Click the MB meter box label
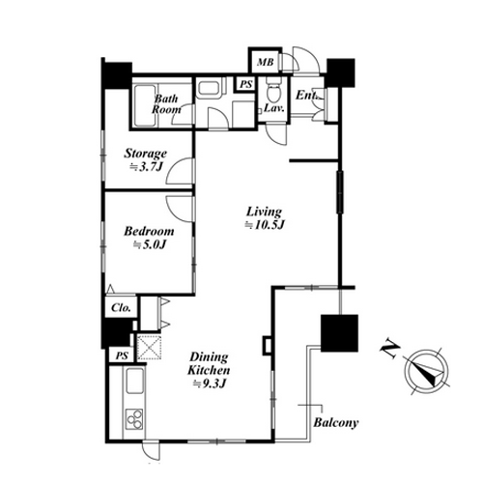[x=266, y=62]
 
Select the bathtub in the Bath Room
[x=145, y=105]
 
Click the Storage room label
[x=146, y=154]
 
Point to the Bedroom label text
[x=149, y=231]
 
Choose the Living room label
[x=264, y=212]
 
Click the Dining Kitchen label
[x=209, y=363]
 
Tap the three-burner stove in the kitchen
[x=134, y=418]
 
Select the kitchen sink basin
[x=134, y=381]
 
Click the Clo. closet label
[x=121, y=308]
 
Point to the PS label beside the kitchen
[x=122, y=355]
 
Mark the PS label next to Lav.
[x=246, y=84]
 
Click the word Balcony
[x=336, y=422]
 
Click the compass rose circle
[x=426, y=370]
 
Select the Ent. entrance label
[x=307, y=96]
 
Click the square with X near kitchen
[x=150, y=347]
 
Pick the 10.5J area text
[x=265, y=225]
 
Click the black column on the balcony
[x=340, y=333]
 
